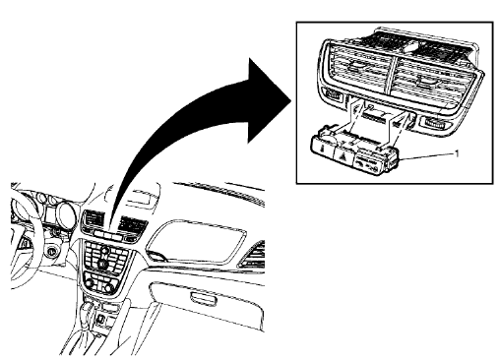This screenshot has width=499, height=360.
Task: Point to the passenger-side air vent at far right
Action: tap(253, 259)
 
